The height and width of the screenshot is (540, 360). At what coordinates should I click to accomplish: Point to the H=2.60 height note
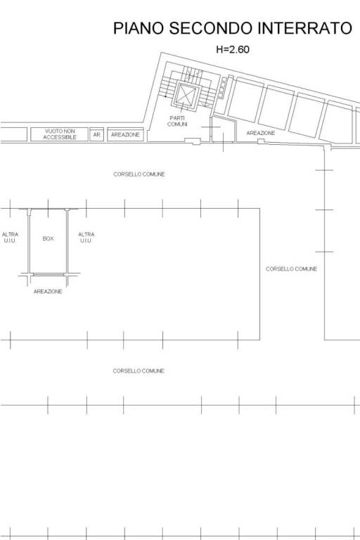(233, 50)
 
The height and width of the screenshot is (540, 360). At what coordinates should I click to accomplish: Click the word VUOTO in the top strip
(52, 131)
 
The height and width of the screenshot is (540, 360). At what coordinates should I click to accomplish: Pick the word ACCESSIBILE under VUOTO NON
(60, 137)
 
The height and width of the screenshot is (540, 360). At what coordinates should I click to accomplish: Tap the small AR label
(97, 135)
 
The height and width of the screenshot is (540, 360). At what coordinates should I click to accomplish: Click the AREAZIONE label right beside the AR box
(125, 135)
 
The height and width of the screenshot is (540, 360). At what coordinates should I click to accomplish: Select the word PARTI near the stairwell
(177, 118)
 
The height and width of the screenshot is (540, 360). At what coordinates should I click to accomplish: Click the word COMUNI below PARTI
(177, 124)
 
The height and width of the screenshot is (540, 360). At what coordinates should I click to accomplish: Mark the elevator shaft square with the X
(187, 94)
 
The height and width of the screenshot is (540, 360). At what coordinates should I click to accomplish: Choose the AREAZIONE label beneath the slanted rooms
(261, 133)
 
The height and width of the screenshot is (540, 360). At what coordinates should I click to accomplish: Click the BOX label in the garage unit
(48, 238)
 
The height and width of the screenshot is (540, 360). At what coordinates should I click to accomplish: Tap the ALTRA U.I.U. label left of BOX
(10, 238)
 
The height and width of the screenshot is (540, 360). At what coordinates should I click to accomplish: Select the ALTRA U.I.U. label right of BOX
(86, 238)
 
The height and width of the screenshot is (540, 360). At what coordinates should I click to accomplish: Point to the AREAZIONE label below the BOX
(48, 291)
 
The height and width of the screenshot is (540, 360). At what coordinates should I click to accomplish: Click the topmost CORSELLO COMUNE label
(139, 174)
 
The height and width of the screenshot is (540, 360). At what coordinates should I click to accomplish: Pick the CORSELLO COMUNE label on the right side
(291, 269)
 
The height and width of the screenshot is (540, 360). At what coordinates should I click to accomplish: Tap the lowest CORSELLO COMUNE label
(139, 371)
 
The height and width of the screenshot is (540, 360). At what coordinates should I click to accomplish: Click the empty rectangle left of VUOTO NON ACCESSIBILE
(13, 134)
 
